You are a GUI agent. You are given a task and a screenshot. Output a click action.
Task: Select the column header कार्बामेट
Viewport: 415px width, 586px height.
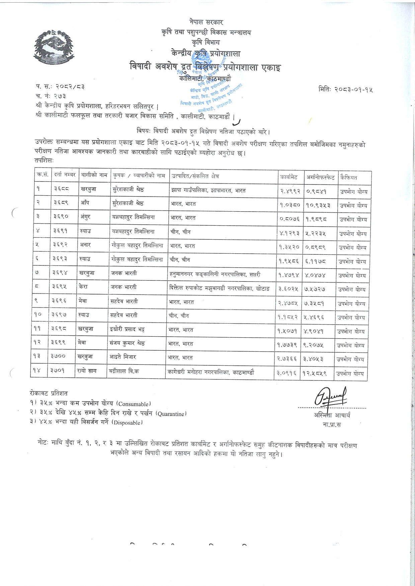coord(288,177)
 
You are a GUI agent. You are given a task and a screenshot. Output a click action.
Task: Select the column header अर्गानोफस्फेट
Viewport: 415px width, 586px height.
coord(320,177)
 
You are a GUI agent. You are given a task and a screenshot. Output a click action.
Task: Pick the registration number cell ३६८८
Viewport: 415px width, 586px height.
coord(61,189)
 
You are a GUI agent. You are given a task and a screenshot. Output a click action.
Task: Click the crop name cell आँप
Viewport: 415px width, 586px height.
coord(85,203)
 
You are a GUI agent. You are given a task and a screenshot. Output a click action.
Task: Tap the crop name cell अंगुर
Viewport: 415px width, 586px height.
coord(85,217)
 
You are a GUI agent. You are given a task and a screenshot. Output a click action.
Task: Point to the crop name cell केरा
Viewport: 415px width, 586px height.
coord(84,287)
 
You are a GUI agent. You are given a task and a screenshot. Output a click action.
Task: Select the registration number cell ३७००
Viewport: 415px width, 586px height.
coord(59,357)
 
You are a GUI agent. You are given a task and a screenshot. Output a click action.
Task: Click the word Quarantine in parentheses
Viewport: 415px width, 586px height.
coord(171,414)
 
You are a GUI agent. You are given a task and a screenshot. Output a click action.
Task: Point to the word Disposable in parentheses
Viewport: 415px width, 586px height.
coord(128,423)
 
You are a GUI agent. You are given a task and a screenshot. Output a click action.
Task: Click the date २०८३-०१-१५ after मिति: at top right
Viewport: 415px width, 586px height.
coord(354,90)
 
